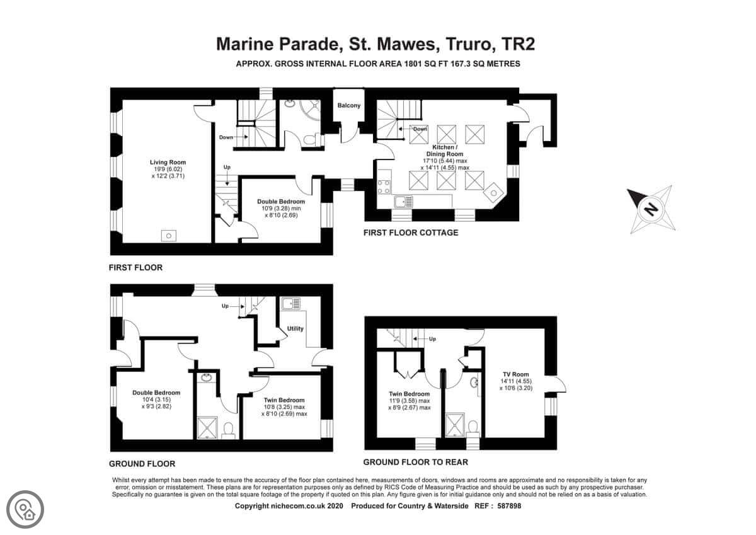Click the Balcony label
coord(349,105)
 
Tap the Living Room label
coord(168,163)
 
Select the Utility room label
coord(295,328)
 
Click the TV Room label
coord(516,374)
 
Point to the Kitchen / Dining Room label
coord(445,151)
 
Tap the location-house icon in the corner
coord(25,509)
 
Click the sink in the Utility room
coord(291,303)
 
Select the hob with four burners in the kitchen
coord(384,187)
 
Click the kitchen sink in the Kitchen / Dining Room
coord(404,202)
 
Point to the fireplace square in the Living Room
coord(168,235)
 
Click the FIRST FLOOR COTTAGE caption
coord(411,233)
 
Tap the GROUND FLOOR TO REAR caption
coord(415,462)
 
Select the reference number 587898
coord(509,505)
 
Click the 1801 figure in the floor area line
coord(413,64)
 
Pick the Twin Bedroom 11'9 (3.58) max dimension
coord(409,401)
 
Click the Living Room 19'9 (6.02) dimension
coord(168,169)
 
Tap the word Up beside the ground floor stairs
coord(225,306)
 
